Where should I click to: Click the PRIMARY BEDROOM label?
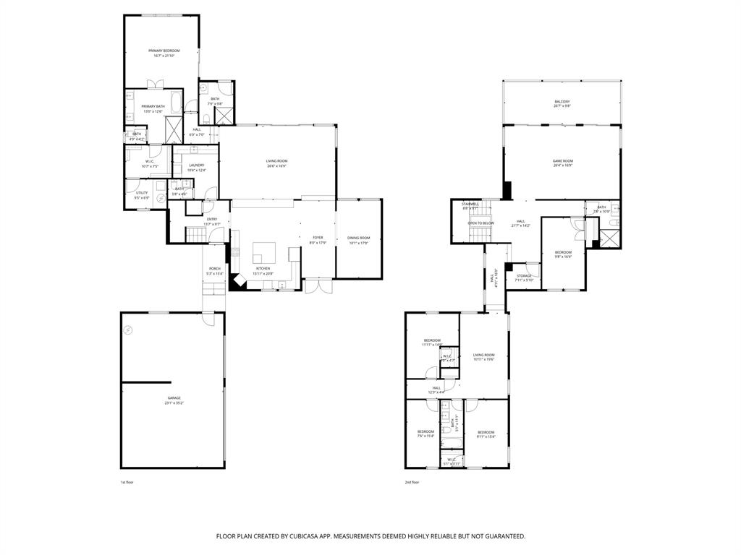click(164, 51)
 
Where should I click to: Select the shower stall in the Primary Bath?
click(174, 129)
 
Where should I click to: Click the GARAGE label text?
click(174, 398)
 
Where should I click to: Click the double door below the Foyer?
click(317, 287)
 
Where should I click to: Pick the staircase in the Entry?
click(198, 234)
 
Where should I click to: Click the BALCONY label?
click(562, 101)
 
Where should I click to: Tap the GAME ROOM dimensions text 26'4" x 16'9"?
click(562, 165)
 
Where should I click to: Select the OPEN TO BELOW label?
click(480, 223)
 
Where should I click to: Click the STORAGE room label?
click(524, 275)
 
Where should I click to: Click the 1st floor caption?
click(127, 482)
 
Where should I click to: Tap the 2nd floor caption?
click(412, 482)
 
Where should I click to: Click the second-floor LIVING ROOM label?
click(483, 355)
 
